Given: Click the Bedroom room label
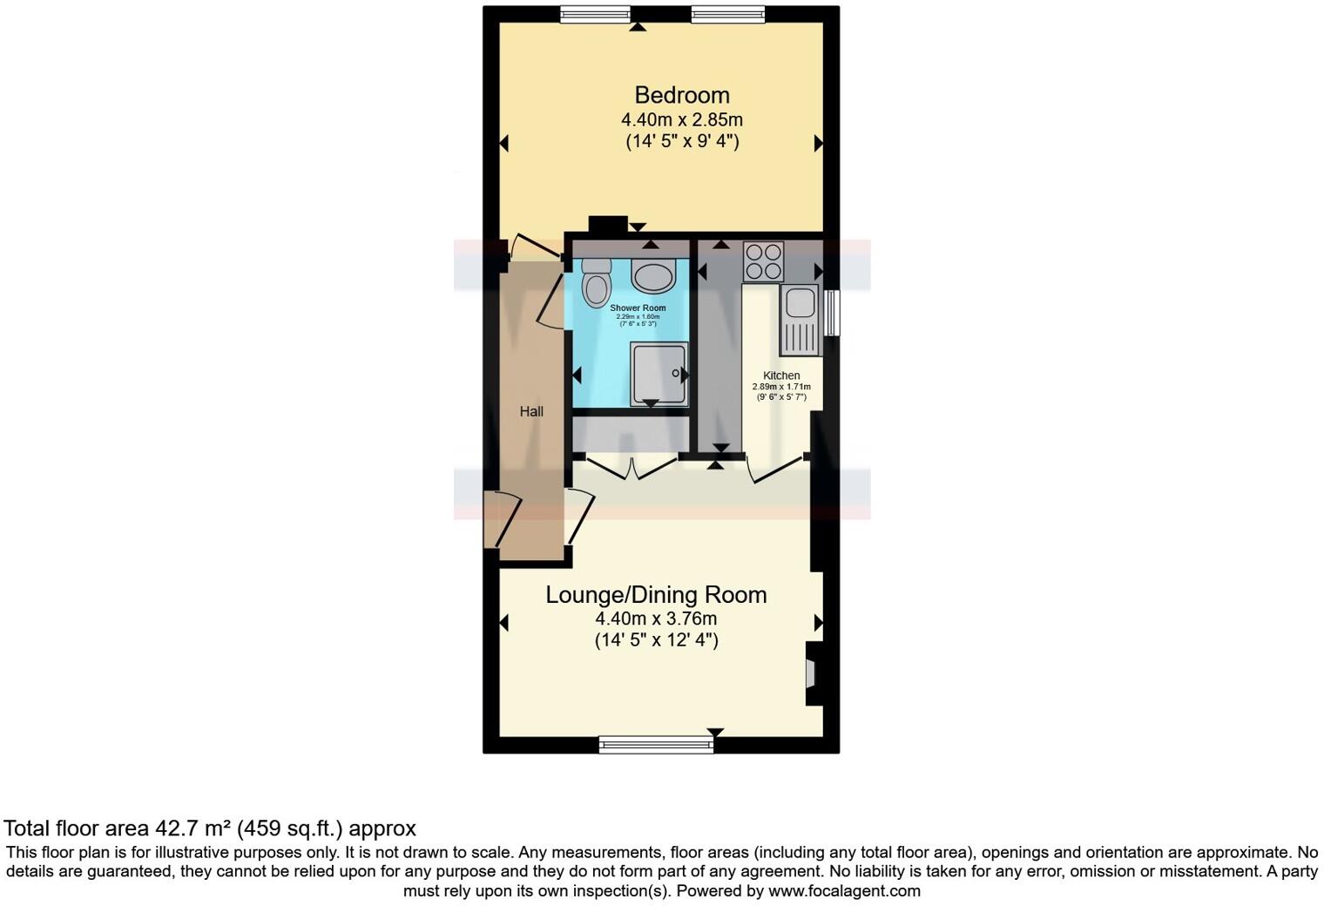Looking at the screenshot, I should click(x=681, y=95).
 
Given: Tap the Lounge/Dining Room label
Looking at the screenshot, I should click(x=656, y=595).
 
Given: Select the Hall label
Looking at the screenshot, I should click(x=531, y=411).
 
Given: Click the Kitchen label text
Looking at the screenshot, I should click(x=781, y=375).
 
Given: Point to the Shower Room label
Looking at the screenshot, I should click(x=638, y=308).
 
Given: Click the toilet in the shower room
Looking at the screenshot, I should click(x=597, y=282).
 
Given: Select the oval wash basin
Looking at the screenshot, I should click(x=653, y=277).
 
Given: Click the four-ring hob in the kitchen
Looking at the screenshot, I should click(x=763, y=260).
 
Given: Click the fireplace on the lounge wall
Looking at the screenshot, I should click(x=811, y=673).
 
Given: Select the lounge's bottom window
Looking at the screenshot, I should click(x=656, y=744).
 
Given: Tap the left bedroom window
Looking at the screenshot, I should click(x=595, y=14).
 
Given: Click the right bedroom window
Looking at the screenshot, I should click(x=728, y=14).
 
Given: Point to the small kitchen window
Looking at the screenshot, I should click(x=833, y=312).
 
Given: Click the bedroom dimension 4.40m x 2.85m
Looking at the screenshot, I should click(x=681, y=119).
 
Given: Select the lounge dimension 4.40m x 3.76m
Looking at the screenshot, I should click(x=656, y=619).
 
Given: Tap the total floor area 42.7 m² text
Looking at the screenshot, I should click(x=209, y=828).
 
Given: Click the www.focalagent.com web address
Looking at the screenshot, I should click(x=844, y=891).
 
